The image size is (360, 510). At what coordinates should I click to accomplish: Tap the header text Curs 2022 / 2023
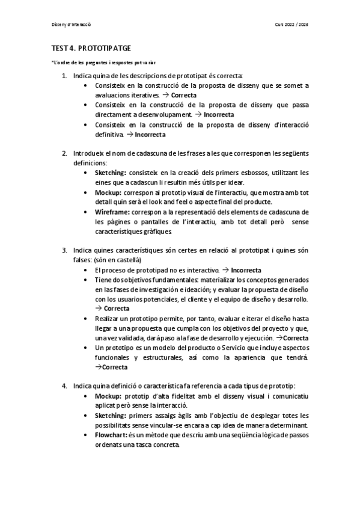pyautogui.click(x=291, y=25)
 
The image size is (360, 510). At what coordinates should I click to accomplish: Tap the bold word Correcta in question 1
pyautogui.click(x=185, y=95)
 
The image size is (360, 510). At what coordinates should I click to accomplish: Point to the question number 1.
pyautogui.click(x=64, y=76)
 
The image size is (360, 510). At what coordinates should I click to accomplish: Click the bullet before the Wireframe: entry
pyautogui.click(x=88, y=212)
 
